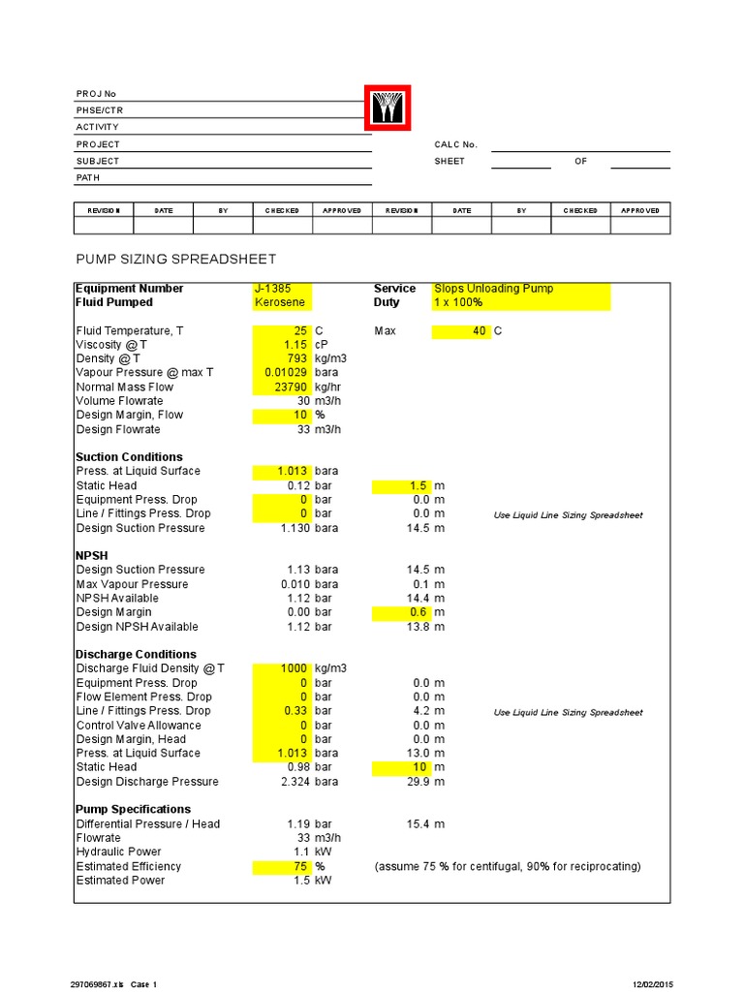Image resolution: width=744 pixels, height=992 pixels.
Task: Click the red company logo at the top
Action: (387, 108)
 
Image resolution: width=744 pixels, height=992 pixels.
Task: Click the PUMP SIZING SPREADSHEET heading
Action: (175, 259)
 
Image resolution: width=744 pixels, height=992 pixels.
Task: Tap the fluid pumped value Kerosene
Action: (275, 302)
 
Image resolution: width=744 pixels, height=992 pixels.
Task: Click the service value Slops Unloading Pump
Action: (494, 289)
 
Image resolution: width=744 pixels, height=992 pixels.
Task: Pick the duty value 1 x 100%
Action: (458, 302)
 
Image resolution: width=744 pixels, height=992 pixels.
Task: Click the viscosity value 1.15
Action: (294, 345)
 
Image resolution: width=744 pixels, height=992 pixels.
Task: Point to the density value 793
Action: (297, 358)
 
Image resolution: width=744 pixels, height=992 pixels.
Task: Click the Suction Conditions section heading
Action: (129, 457)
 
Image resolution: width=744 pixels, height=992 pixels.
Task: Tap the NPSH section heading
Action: (93, 556)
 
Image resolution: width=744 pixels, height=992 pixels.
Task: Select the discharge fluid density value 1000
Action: (294, 668)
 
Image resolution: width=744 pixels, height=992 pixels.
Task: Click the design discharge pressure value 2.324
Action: (294, 782)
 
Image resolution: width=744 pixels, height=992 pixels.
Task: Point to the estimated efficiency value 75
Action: (300, 866)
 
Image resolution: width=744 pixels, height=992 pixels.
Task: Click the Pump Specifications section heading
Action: (133, 809)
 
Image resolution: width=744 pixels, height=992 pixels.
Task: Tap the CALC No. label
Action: (455, 144)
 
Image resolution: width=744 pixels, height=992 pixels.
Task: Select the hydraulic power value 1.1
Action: (300, 852)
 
